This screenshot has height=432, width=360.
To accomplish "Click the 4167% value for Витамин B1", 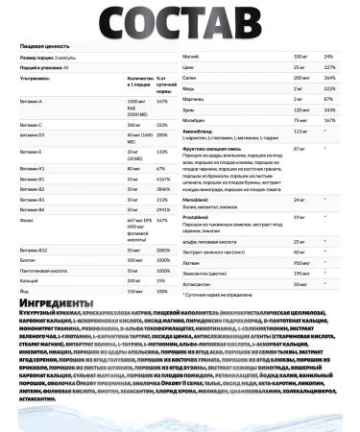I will [x=164, y=178].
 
